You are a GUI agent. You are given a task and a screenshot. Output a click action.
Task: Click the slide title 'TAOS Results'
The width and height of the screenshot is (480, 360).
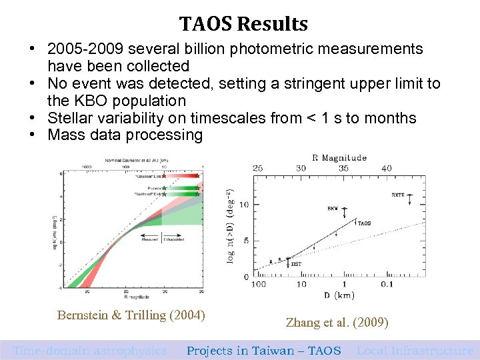[x=243, y=25]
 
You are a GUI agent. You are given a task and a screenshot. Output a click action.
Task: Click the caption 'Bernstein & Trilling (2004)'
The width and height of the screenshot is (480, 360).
[x=131, y=315]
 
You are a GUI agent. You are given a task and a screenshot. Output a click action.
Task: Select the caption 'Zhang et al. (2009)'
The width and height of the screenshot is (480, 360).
[x=337, y=323]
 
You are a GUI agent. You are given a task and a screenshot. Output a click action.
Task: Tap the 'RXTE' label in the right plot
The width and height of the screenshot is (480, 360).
[x=398, y=196]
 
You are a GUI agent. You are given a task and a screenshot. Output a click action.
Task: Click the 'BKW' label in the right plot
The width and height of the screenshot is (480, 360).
[x=332, y=209]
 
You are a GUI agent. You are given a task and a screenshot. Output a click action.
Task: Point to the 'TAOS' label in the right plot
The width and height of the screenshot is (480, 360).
[x=365, y=223]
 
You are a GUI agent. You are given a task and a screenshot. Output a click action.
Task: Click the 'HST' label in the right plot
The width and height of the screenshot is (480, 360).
[x=296, y=264]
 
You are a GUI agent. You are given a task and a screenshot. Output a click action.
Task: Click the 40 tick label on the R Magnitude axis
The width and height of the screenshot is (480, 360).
[x=385, y=169]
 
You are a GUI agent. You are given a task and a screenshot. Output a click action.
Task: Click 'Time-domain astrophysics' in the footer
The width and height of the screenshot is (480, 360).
[x=90, y=351]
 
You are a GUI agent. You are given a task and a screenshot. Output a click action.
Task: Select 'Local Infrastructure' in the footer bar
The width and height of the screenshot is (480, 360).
[x=415, y=351]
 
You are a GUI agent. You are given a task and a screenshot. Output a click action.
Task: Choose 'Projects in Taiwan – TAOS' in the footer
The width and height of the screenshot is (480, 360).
[x=263, y=351]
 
